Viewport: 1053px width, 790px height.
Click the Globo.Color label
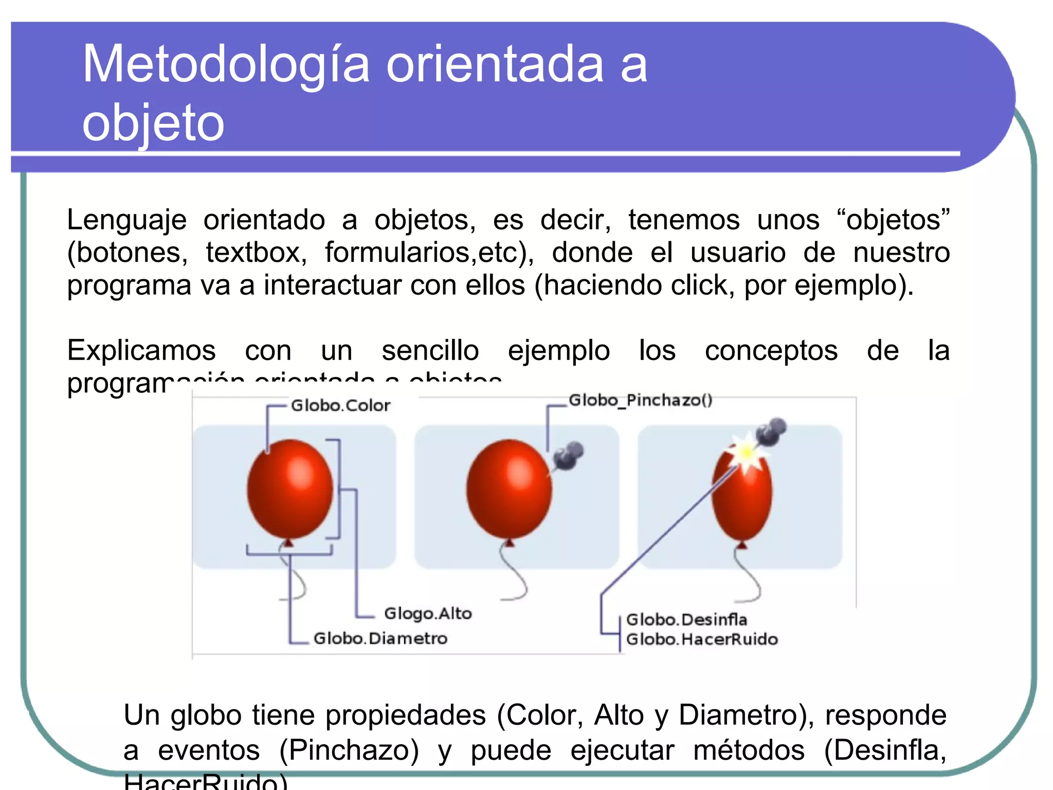click(x=340, y=406)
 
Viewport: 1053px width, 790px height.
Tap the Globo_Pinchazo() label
click(x=641, y=400)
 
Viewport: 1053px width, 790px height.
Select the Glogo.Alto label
click(x=428, y=614)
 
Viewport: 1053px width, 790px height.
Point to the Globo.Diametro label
click(x=380, y=639)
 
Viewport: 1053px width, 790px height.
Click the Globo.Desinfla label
click(x=686, y=620)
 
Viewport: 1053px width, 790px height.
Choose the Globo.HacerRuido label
click(x=702, y=639)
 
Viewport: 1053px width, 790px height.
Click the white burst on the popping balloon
click(x=745, y=453)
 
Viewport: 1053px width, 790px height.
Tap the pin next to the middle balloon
click(x=568, y=456)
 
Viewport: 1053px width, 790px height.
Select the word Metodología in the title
click(x=226, y=65)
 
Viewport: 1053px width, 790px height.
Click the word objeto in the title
click(x=153, y=123)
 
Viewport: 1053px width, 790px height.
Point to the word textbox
click(x=256, y=253)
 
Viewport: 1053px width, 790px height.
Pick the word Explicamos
click(x=141, y=351)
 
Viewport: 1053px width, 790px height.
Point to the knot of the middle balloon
click(x=510, y=542)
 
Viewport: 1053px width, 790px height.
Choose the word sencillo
click(x=430, y=351)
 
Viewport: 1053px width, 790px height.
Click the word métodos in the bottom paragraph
click(x=749, y=750)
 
